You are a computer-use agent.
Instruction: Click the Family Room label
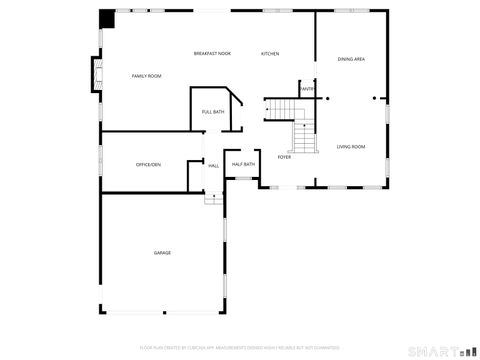[146, 76]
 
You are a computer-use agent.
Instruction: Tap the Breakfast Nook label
[212, 53]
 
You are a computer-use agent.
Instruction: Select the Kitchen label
[270, 53]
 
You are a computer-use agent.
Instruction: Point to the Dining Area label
[351, 60]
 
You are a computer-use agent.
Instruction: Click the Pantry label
[307, 89]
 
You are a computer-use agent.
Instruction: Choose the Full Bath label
[212, 111]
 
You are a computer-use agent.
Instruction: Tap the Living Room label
[350, 147]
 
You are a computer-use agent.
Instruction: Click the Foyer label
[284, 157]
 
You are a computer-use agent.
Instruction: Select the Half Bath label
[243, 164]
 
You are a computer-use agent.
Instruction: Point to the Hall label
[213, 165]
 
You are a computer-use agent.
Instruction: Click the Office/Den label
[148, 164]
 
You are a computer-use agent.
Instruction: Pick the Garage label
[162, 253]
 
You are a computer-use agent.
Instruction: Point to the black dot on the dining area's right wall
[375, 98]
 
